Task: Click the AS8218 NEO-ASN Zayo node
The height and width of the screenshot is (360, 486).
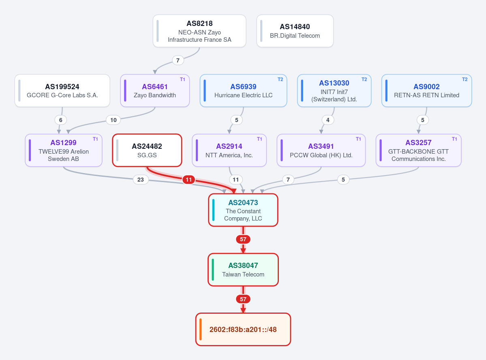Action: [x=199, y=31]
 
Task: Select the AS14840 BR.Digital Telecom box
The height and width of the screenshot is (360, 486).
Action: [x=295, y=31]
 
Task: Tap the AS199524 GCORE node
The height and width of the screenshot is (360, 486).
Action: [x=62, y=90]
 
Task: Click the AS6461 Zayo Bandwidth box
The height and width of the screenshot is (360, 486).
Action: [x=155, y=90]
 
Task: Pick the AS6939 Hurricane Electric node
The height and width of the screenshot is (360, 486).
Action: [x=243, y=90]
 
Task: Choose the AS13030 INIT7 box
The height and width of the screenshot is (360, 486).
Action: [x=334, y=90]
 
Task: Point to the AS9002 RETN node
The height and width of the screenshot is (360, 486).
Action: [x=426, y=90]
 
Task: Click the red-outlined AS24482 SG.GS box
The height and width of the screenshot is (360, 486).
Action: [x=147, y=150]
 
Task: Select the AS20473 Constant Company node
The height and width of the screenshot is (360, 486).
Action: [x=243, y=210]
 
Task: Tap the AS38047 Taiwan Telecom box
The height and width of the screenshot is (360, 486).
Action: [x=243, y=270]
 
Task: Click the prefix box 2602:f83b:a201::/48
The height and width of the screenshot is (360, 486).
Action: [x=243, y=329]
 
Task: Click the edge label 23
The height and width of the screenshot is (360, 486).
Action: [x=140, y=180]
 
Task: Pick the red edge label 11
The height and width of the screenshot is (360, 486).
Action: [x=189, y=180]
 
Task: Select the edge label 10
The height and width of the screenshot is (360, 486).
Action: [x=113, y=120]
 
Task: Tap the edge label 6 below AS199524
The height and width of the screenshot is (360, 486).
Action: [x=61, y=120]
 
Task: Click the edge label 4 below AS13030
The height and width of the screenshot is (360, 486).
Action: [x=328, y=120]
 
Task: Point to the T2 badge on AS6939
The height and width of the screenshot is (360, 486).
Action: [x=280, y=79]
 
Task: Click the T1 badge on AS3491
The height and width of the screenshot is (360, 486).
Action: [x=358, y=139]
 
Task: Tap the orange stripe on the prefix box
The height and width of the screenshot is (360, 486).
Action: [x=201, y=329]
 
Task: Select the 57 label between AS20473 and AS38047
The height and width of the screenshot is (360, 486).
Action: [x=243, y=239]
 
